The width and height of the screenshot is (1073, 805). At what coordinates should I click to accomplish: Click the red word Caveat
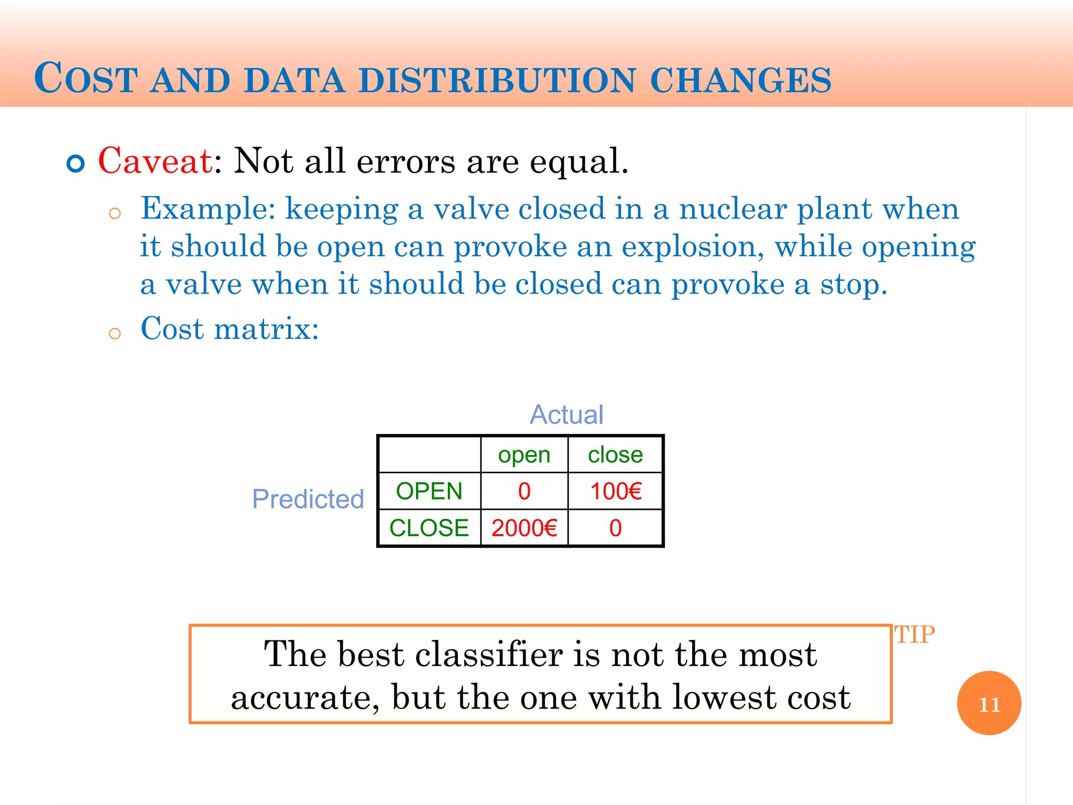tap(155, 161)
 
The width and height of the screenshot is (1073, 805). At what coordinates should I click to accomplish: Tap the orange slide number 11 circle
tap(989, 703)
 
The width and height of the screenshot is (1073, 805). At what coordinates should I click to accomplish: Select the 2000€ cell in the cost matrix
tap(524, 528)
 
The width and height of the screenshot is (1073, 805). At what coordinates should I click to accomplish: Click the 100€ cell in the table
tap(616, 492)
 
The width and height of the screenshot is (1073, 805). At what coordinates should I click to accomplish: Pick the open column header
tap(524, 455)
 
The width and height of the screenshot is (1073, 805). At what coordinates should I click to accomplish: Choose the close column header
tap(615, 455)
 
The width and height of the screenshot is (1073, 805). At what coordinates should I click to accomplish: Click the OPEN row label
tap(429, 492)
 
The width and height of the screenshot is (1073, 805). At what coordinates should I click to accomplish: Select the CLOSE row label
tap(429, 528)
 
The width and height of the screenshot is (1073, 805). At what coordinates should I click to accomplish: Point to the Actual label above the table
tap(566, 415)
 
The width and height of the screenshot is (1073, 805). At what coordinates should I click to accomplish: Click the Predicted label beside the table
tap(308, 499)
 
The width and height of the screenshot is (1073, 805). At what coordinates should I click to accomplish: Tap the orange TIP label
tap(914, 635)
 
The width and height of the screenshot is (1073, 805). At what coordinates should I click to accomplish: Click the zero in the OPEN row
tap(524, 492)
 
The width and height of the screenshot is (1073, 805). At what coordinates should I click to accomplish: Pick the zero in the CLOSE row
tap(615, 528)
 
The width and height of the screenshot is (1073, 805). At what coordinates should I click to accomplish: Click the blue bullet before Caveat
tap(76, 164)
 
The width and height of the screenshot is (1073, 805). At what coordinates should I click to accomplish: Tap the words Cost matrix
tap(229, 329)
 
